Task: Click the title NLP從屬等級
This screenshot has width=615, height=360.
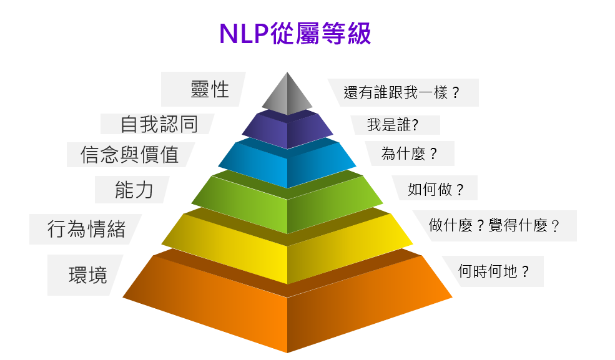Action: click(x=295, y=34)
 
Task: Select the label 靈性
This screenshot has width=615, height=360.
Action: click(x=210, y=90)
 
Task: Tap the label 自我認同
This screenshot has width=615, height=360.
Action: click(x=159, y=124)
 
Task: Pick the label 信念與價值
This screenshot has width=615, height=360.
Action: click(x=130, y=154)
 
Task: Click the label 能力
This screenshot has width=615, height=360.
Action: click(x=134, y=190)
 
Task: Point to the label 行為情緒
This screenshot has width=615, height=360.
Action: click(x=86, y=229)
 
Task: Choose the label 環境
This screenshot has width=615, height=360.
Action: click(x=88, y=275)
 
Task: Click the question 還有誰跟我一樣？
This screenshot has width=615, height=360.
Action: click(x=402, y=93)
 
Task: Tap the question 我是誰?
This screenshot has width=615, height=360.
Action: click(x=392, y=125)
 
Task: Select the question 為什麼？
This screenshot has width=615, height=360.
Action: click(x=409, y=153)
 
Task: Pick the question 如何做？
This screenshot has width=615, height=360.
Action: click(x=436, y=189)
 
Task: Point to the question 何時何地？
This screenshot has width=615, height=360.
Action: click(x=493, y=271)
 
